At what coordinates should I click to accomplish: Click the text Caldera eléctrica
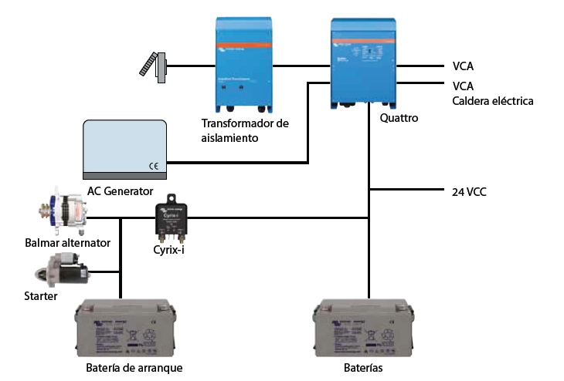coord(492,101)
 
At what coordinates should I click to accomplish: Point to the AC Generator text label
coord(120,191)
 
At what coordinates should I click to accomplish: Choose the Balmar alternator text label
coord(66,243)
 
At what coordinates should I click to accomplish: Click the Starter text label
coord(41,295)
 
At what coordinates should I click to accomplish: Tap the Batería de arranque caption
coord(134,368)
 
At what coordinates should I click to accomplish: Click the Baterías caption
coord(363,368)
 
